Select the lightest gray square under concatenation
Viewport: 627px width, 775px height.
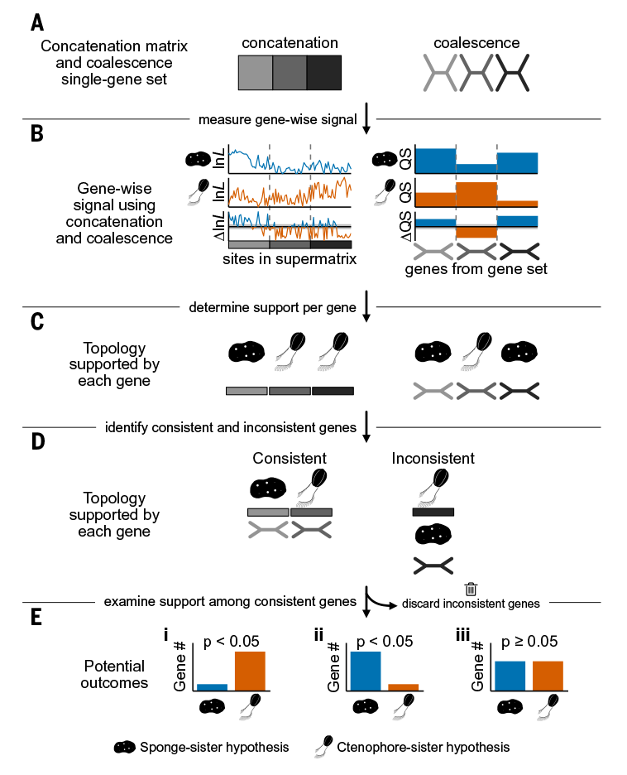tap(254, 73)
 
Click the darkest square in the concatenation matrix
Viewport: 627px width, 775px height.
tap(325, 73)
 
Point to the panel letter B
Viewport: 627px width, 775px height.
tap(37, 134)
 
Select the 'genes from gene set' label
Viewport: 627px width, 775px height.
tap(476, 269)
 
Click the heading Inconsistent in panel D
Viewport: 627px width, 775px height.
tap(433, 458)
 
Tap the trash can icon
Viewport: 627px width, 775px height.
tap(471, 589)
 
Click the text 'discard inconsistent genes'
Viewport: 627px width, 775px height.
tap(471, 604)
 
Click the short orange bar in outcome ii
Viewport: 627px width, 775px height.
tap(403, 686)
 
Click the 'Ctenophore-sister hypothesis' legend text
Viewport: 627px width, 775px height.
tap(423, 747)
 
